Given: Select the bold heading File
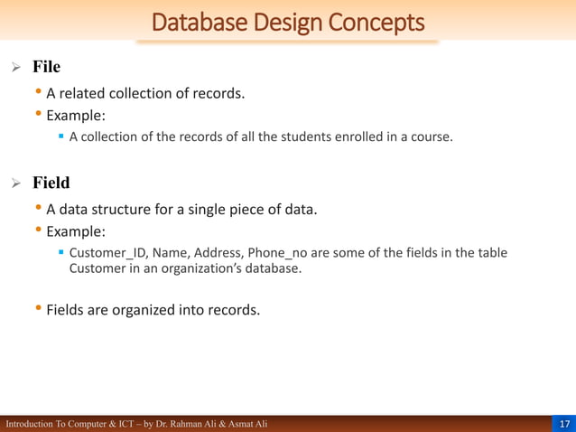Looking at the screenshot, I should click(x=46, y=67).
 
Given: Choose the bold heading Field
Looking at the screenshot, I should click(x=51, y=183).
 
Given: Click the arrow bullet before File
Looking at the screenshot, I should click(x=14, y=68).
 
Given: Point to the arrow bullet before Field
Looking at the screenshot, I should click(x=14, y=183).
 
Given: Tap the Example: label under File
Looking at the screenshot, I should click(x=76, y=116).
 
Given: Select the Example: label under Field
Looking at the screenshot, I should click(x=76, y=231).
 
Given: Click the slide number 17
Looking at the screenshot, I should click(x=564, y=424).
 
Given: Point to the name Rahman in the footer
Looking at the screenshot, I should click(x=194, y=424).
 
